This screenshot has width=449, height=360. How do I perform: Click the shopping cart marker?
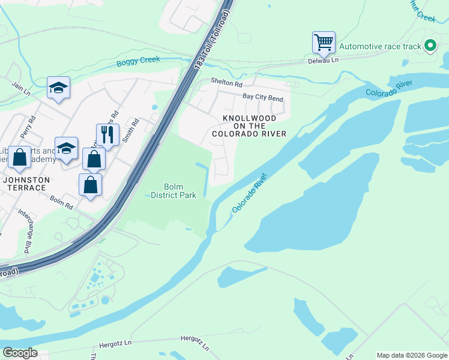(324, 43)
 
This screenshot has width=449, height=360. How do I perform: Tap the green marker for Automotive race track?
(430, 46)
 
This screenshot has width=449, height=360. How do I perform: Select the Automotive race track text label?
(381, 46)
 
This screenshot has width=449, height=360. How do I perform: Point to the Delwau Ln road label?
(324, 61)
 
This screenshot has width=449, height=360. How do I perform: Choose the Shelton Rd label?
(226, 83)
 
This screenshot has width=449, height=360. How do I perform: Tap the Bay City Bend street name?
(262, 97)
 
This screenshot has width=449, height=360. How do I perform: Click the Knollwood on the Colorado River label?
(249, 126)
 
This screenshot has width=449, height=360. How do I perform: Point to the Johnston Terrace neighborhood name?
(25, 184)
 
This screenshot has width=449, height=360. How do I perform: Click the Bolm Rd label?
(61, 202)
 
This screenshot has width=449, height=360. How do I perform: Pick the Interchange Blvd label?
(25, 230)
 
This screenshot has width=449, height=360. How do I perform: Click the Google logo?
(19, 353)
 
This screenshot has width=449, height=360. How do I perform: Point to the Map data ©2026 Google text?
(411, 355)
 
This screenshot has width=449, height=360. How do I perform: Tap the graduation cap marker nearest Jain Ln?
(58, 88)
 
